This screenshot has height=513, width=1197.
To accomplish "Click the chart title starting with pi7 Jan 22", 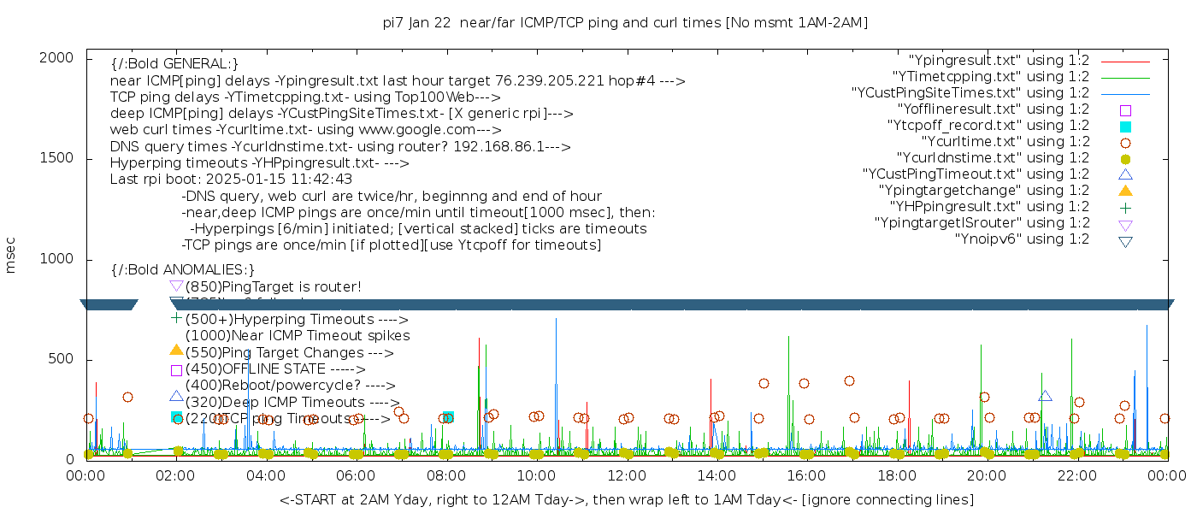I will pos(625,23).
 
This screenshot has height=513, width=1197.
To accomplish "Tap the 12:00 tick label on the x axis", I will pos(627,474).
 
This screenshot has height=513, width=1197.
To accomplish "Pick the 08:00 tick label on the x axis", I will pos(446,474).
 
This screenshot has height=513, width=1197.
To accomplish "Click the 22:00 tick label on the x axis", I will pos(1076,474).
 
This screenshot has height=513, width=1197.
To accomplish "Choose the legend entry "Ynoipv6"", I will pos(1022,239).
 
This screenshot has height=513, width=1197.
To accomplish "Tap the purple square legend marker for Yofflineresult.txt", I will pos(1125,110).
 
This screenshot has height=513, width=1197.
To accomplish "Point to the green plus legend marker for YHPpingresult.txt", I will pos(1125,207).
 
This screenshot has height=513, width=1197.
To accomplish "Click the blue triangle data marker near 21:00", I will pos(1045,396).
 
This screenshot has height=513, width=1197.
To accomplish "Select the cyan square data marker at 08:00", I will pos(448,417).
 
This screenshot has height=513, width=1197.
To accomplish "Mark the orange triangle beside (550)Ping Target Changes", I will pos(176,350).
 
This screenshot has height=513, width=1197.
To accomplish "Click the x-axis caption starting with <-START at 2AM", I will pos(626,499).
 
